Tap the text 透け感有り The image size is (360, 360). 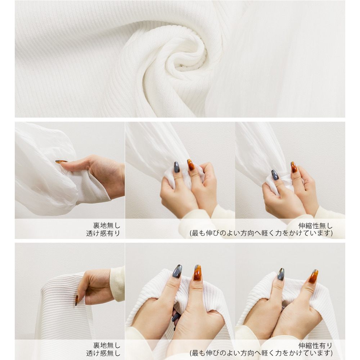pos(103,233)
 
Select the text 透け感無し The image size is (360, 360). pos(103,353)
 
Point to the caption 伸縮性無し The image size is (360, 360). pos(316,226)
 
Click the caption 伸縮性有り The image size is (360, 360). pos(316,346)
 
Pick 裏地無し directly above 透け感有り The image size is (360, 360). pos(107,226)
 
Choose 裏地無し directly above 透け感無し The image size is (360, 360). pos(107,346)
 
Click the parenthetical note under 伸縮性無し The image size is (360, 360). pos(261,233)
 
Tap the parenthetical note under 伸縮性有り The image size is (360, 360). pos(261,353)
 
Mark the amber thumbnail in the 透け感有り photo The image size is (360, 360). pos(61,162)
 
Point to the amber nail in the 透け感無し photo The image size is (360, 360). pos(77,300)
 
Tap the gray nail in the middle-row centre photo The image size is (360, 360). pos(177,167)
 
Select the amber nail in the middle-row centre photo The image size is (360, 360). pos(191,165)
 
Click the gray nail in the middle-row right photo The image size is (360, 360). pos(275,175)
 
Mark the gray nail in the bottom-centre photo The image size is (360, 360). pos(177,271)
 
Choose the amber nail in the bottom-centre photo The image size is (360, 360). pos(197,273)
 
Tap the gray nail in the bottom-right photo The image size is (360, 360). pos(281,274)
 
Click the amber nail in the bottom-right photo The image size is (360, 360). pos(313,276)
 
